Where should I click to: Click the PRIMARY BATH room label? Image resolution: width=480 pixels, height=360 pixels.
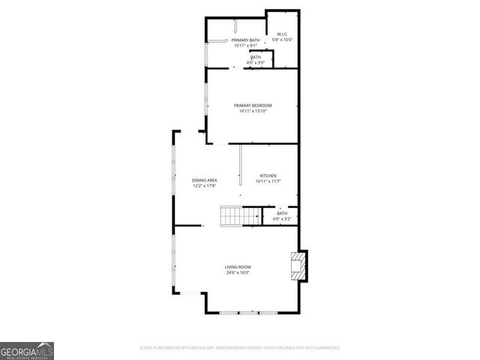pos(245,40)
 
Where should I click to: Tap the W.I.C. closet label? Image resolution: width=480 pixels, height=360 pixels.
pos(283,34)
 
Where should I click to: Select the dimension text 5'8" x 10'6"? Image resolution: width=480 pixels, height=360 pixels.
pos(283,40)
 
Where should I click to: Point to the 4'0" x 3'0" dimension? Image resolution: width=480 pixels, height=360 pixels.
pos(256,62)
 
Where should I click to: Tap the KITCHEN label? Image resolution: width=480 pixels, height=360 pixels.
pos(268,176)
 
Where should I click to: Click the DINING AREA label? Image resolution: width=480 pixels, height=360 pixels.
pos(204,180)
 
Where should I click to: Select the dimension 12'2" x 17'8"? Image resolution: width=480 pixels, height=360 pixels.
pos(204,186)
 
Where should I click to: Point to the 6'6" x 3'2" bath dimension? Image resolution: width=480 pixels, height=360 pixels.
pos(282,219)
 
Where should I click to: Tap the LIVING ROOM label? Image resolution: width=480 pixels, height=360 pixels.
pos(238,267)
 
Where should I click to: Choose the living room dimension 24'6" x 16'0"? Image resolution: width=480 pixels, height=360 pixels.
pos(238,273)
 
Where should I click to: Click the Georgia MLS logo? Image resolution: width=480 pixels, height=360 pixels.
pos(27,350)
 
